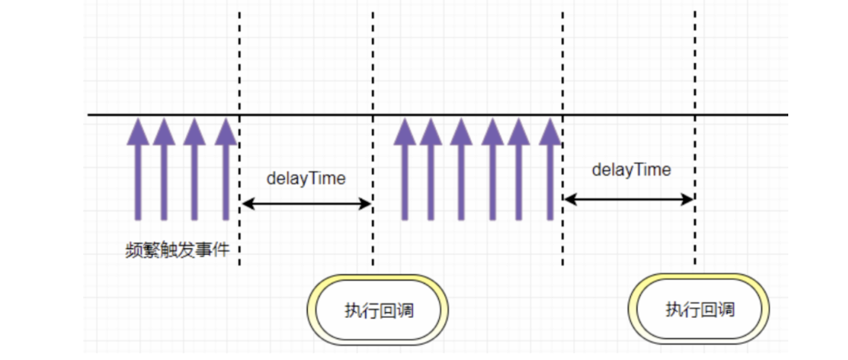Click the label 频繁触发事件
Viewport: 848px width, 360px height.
[x=177, y=250]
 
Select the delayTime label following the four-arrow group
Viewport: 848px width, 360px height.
[x=306, y=178]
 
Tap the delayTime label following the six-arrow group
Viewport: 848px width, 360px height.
[x=631, y=170]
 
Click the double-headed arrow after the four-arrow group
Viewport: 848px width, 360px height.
[x=306, y=203]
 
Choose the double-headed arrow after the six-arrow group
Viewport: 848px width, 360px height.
[x=628, y=199]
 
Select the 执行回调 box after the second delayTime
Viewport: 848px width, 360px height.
[x=700, y=309]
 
